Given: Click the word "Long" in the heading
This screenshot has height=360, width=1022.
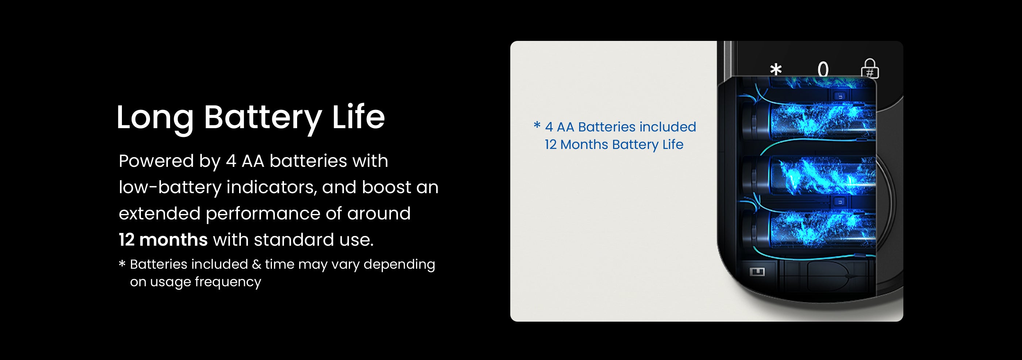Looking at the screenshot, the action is click(x=155, y=118).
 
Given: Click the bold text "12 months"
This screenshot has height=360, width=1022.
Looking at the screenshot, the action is click(x=163, y=240).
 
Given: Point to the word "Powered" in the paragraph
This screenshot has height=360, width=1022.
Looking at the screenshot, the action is click(x=156, y=161).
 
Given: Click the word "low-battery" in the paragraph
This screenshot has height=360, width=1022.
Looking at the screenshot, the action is click(x=170, y=187).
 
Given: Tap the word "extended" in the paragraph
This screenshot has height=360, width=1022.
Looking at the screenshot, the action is click(x=160, y=213).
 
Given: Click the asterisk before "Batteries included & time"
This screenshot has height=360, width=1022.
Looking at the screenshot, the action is click(x=122, y=263).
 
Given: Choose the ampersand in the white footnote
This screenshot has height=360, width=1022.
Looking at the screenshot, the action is click(x=256, y=264).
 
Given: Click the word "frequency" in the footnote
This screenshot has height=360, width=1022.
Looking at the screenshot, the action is click(x=228, y=282).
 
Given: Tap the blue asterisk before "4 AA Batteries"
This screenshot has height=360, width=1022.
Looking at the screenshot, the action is click(x=537, y=126).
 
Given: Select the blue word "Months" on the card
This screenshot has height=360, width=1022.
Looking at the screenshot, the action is click(x=584, y=145).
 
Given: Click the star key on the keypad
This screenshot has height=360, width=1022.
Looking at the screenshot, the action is click(x=776, y=69).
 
